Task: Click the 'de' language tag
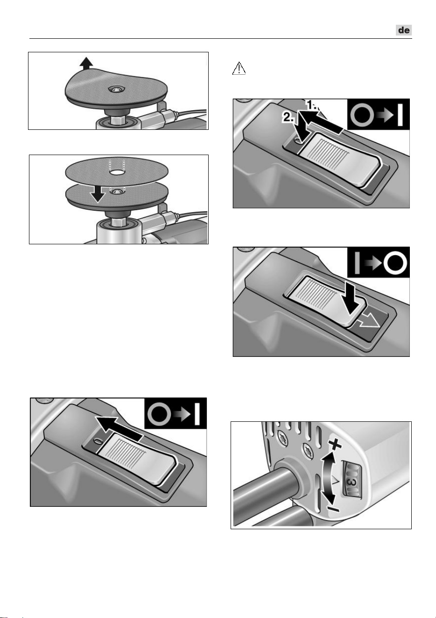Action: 404,30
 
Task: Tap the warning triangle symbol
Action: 239,68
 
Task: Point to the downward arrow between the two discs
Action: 98,192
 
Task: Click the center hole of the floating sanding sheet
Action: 117,172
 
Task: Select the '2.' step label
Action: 288,118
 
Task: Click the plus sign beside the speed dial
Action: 335,445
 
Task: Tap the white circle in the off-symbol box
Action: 395,263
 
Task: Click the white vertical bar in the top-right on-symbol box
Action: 400,115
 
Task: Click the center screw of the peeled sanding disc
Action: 117,89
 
